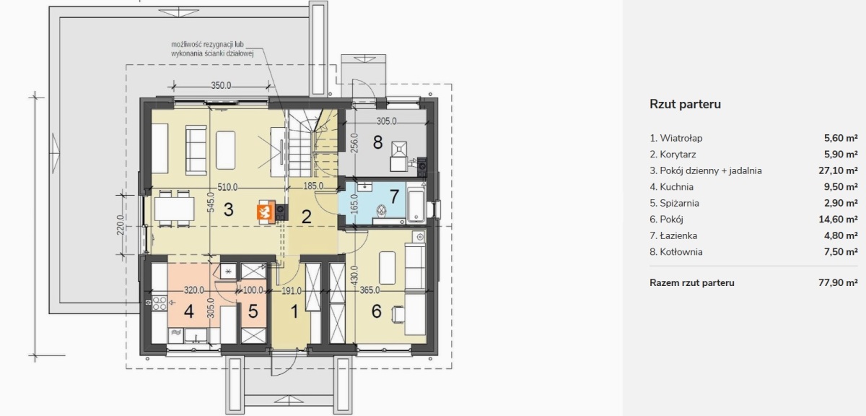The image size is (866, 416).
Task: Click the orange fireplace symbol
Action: point(266,212)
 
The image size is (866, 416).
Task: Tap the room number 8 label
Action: point(377,142)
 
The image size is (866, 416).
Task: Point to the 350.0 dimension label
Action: point(221,85)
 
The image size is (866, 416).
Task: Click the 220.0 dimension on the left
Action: point(120,225)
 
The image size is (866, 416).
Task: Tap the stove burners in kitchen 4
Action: point(159,303)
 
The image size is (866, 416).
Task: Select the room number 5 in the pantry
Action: point(253,311)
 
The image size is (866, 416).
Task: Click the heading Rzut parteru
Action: point(685,104)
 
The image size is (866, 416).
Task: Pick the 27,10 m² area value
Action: point(838,170)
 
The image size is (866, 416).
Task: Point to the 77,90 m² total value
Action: point(838,283)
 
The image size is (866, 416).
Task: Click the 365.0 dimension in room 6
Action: point(369,290)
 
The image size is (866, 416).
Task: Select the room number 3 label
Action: point(229,209)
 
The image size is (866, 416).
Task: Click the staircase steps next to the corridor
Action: point(300,143)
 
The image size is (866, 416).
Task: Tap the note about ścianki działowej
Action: point(212,49)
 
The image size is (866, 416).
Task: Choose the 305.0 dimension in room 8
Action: point(387,121)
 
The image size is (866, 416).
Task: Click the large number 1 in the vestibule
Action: point(294,311)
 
